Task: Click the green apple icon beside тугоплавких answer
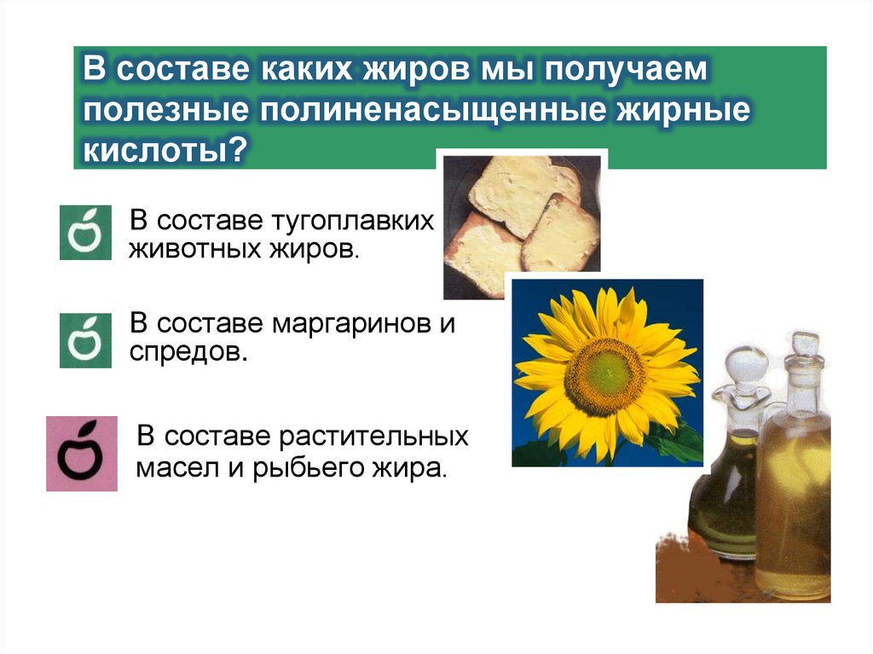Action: pyautogui.click(x=85, y=231)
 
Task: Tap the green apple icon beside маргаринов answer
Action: pyautogui.click(x=85, y=340)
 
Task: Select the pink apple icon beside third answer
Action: pyautogui.click(x=82, y=454)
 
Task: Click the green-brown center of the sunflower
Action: pyautogui.click(x=604, y=374)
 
